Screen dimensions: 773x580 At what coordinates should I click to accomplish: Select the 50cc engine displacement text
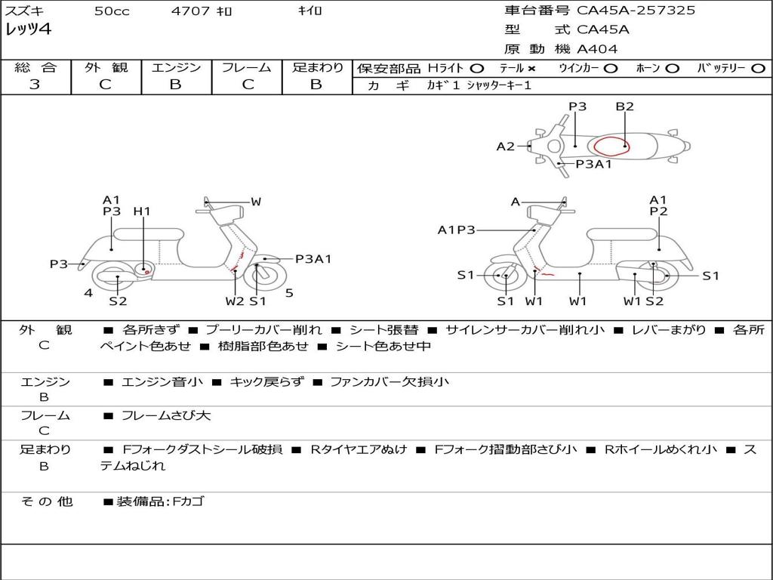(112, 11)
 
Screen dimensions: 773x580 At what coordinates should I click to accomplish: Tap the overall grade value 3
(35, 85)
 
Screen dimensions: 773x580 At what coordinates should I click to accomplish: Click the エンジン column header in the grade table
(176, 67)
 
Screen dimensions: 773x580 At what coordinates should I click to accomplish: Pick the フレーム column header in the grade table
(247, 67)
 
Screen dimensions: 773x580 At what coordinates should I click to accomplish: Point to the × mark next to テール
(531, 68)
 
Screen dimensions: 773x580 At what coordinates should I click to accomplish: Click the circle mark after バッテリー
(757, 68)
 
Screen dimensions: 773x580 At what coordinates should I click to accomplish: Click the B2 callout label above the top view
(624, 106)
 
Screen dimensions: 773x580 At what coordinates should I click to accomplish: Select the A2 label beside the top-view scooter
(505, 147)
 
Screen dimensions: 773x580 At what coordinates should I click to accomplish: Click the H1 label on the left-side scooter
(142, 211)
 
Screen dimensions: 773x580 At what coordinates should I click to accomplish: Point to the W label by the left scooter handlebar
(256, 202)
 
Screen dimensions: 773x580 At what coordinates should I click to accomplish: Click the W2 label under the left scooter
(235, 301)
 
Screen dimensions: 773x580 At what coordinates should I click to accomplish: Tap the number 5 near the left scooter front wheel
(289, 293)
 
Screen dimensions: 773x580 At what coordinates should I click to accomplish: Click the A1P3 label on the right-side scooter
(457, 230)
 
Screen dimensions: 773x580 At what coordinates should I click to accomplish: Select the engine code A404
(597, 49)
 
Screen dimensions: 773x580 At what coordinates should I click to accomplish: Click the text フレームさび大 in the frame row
(166, 415)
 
